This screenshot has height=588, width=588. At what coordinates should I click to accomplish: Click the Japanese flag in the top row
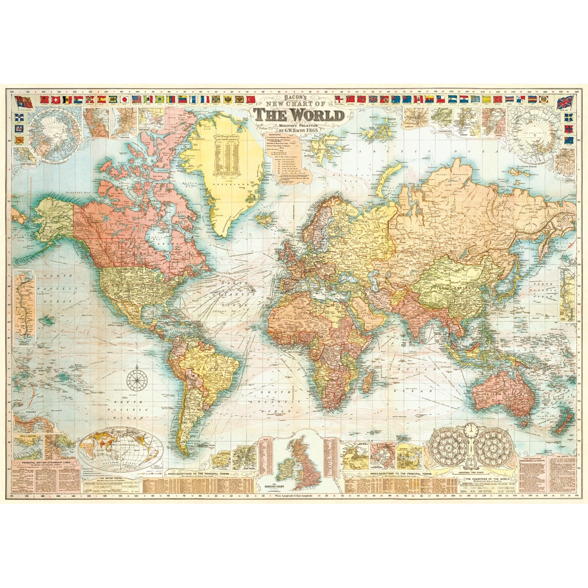125,99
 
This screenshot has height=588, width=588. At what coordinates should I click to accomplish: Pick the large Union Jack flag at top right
566,103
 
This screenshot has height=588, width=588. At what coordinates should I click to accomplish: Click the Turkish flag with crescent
252,99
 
